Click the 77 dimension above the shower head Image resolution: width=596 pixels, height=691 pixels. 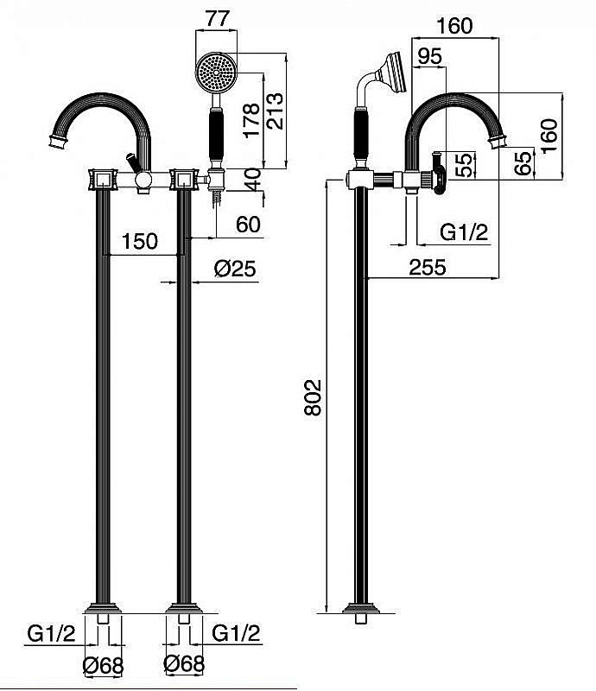(x=218, y=18)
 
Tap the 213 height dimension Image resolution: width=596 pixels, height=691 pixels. (x=276, y=111)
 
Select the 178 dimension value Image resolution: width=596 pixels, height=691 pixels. (x=251, y=120)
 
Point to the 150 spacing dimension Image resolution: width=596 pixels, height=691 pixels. (x=139, y=241)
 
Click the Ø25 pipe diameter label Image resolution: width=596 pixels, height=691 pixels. (x=236, y=269)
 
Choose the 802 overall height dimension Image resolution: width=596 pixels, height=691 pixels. (x=313, y=397)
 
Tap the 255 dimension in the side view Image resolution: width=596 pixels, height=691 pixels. (x=428, y=267)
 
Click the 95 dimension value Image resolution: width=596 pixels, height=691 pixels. (x=429, y=56)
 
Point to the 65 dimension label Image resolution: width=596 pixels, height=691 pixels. (x=524, y=163)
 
